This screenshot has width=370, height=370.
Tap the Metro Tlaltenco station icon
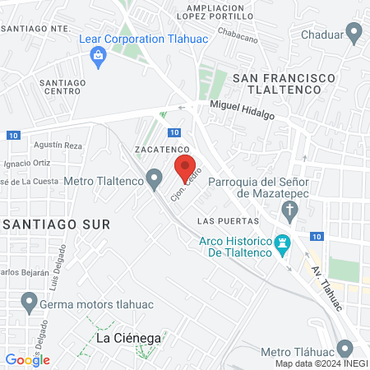click(154, 178)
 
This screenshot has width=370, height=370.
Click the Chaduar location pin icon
click(355, 34)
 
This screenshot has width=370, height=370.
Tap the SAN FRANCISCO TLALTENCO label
click(284, 83)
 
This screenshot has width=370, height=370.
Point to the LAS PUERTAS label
click(229, 222)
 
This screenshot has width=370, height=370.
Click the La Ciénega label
click(127, 338)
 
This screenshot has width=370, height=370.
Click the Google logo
click(27, 359)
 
